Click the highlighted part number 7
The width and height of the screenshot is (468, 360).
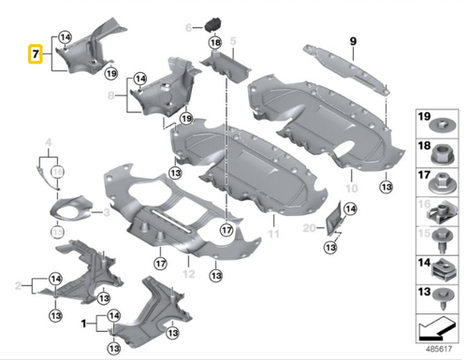35,54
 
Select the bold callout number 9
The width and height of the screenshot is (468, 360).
354,40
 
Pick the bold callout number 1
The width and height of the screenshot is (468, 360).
86,324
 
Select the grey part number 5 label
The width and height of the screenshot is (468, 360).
234,42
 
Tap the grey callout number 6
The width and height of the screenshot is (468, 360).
188,25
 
